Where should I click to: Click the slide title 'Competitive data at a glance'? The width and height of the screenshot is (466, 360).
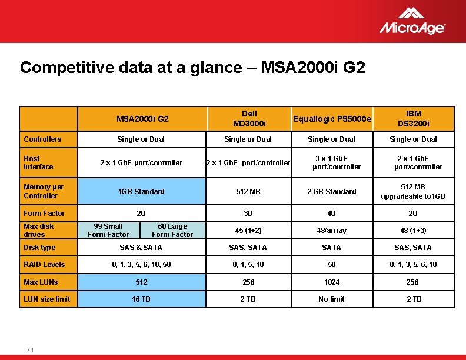(192, 67)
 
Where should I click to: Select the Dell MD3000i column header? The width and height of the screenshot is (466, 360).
(249, 118)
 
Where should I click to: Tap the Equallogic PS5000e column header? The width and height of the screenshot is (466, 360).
(332, 119)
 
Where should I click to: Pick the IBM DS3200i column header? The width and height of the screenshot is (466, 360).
(413, 118)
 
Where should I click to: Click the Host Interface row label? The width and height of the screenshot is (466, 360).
(38, 162)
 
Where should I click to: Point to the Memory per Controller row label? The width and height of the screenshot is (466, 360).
(43, 191)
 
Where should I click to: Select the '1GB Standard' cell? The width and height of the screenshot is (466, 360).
(141, 191)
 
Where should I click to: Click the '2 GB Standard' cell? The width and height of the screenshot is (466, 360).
(332, 191)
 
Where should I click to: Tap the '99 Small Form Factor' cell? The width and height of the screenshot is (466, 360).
(108, 230)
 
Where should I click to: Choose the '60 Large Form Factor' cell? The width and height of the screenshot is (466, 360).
(172, 230)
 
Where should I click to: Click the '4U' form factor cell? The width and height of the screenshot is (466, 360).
(332, 213)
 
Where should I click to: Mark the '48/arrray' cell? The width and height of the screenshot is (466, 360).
(332, 230)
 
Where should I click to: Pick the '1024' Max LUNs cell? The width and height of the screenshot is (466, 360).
(332, 282)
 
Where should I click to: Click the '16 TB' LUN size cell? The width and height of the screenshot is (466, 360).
(141, 299)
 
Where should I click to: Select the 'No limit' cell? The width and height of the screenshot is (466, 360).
(332, 299)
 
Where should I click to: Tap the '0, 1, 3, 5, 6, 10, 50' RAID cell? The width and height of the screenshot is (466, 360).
(141, 264)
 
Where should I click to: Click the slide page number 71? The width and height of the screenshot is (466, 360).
(30, 350)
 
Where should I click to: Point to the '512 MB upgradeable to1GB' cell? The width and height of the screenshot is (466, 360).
(413, 191)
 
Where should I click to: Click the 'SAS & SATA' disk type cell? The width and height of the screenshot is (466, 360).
(141, 247)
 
